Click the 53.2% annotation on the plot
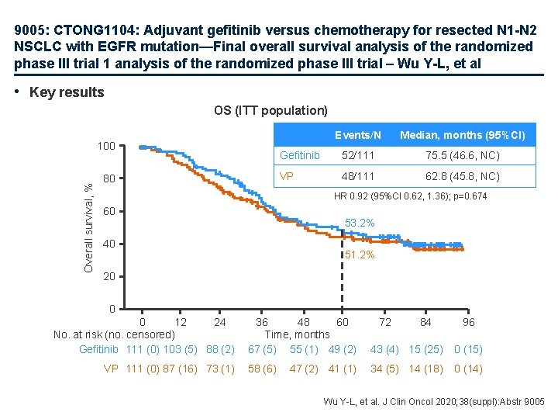coord(360,223)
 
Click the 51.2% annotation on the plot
coord(360,255)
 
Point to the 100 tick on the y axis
coord(106,147)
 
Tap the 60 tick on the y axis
coord(109,212)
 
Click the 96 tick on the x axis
coord(468,323)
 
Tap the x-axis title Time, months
coord(298,334)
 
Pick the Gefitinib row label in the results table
coord(299,155)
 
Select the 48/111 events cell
coord(358,176)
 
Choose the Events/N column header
coord(358,135)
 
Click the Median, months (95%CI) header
coord(462,135)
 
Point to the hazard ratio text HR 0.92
coord(410,196)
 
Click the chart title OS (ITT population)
coord(270,111)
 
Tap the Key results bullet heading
coord(66,92)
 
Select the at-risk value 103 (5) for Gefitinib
coord(177,349)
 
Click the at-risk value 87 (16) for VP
coord(177,369)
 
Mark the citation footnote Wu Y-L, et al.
coord(434,402)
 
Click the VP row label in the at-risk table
coord(111,369)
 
